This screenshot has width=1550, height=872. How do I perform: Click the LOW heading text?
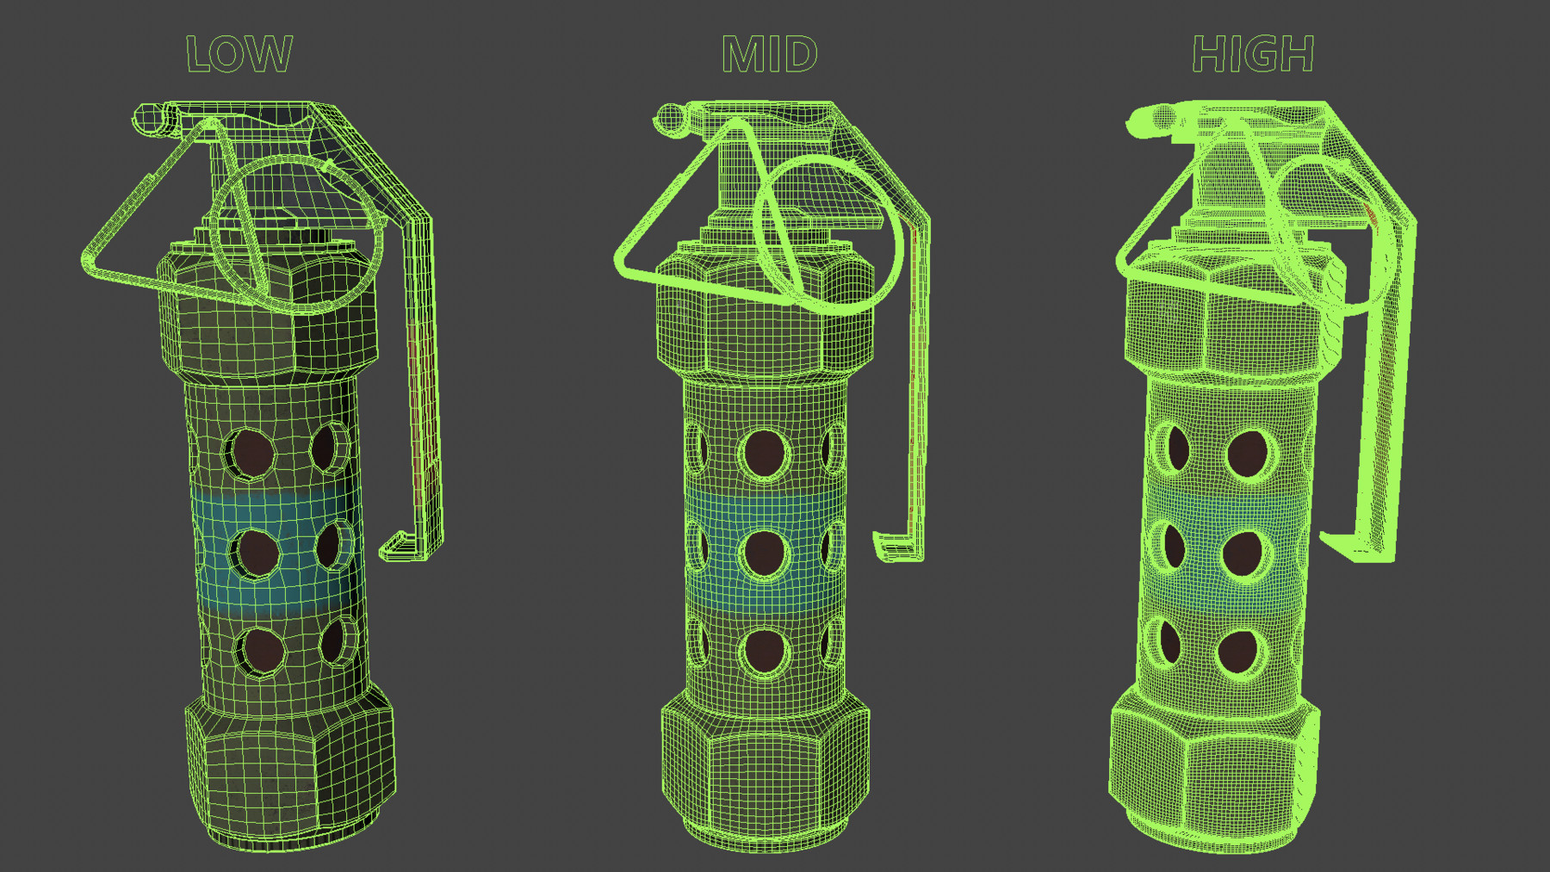[239, 54]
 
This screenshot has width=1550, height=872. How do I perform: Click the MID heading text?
[769, 54]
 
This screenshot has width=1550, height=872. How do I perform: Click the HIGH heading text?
[1253, 54]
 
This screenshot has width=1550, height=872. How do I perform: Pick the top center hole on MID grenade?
[764, 454]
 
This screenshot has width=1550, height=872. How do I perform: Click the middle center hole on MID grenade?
[764, 554]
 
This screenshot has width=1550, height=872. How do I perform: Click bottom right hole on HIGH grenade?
[1238, 652]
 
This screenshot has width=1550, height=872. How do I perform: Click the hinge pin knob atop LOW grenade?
[148, 118]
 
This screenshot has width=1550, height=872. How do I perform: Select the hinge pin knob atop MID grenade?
[670, 118]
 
